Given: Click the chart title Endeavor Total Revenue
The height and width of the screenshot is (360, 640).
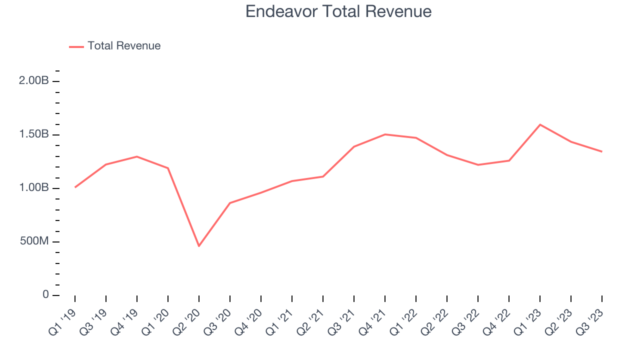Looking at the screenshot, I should coord(338,11).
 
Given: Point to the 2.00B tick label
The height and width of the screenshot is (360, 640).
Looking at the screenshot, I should coord(33,81).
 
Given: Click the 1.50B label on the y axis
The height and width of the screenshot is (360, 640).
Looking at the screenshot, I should coord(33,134).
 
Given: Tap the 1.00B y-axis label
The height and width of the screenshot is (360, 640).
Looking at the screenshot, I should coord(33,188).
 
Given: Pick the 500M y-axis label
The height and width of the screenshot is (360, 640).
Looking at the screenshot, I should coord(33,241).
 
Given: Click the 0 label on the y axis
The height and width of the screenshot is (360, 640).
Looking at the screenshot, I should coord(45,295).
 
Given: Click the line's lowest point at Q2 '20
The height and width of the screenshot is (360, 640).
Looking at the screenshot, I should coord(199,246).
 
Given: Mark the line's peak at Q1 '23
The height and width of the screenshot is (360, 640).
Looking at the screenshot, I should coord(540,124).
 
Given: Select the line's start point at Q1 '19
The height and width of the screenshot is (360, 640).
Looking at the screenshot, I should coord(75,187).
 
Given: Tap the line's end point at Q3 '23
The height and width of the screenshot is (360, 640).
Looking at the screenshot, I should coord(601,151).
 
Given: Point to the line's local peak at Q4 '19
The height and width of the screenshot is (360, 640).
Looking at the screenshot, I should coord(137,156).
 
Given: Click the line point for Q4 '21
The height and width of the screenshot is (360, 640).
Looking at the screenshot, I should coord(385,134).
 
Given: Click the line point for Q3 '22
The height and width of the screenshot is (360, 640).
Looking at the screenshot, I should coord(478,165).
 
